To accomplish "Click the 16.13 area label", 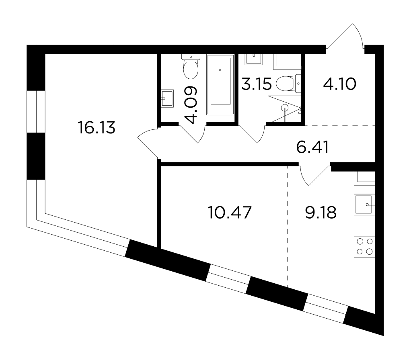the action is click(x=97, y=128).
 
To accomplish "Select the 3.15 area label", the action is click(x=256, y=84).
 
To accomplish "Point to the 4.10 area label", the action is click(x=339, y=84).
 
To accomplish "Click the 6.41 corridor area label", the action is click(x=312, y=147).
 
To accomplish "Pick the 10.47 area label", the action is click(x=229, y=212).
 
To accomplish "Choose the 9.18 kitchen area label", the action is click(x=321, y=212).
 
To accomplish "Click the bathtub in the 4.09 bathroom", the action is click(x=220, y=84).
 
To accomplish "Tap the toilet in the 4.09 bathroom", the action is click(x=191, y=67).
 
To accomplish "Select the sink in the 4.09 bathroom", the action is click(x=167, y=98).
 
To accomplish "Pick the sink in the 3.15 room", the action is click(x=253, y=59).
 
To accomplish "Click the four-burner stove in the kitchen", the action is click(x=365, y=246).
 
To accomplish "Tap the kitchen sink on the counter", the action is click(x=365, y=205).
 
